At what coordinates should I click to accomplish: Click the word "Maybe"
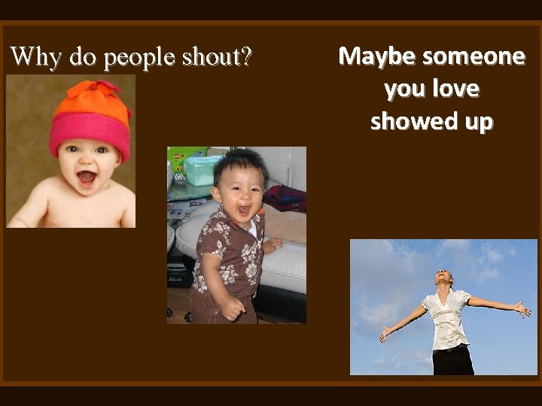(x=378, y=56)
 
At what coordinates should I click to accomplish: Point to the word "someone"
(x=473, y=56)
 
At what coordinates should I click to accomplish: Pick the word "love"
(x=455, y=89)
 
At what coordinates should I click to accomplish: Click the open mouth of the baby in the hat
(x=87, y=178)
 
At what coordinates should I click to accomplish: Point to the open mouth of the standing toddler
(x=243, y=211)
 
